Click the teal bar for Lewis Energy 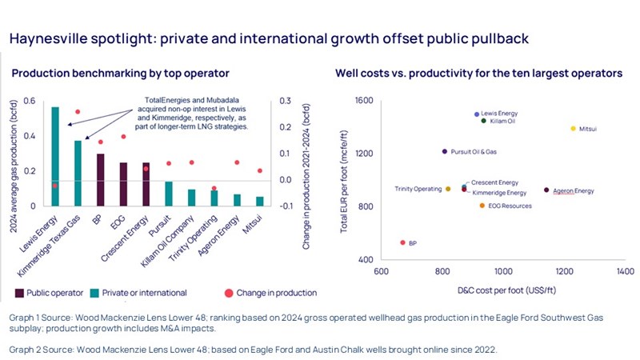coord(55,156)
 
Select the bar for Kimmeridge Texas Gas coord(78,173)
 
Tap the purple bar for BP coord(101,179)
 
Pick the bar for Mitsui coord(260,201)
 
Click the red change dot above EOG coord(123,137)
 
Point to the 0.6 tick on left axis coord(31,100)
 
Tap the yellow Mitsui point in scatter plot coord(573,128)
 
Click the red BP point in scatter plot coord(403,242)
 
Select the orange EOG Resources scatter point coord(482,206)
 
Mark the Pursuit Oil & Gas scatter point coord(445,151)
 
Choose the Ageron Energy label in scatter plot coord(574,190)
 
